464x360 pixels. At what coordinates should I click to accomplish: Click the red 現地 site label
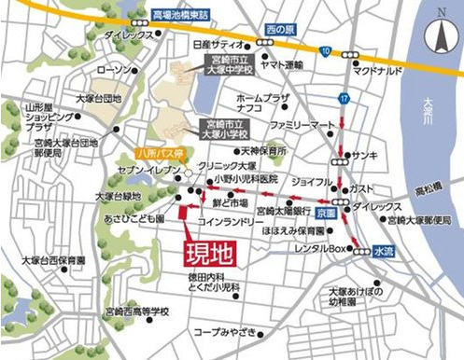[x=204, y=252]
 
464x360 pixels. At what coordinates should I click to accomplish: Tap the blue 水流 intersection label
[x=383, y=251]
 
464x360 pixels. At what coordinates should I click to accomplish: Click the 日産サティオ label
[x=217, y=44]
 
